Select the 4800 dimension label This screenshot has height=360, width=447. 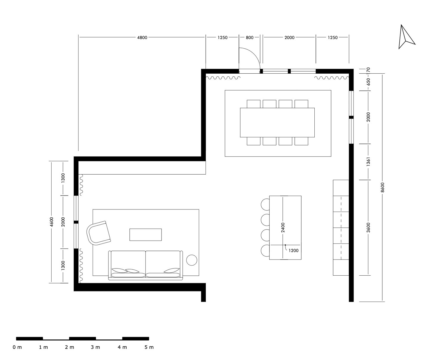(x=142, y=38)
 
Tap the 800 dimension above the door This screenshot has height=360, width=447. (x=249, y=38)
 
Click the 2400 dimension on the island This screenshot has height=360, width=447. (x=283, y=227)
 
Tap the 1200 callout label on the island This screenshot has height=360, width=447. (x=294, y=251)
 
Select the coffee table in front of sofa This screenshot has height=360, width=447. (x=145, y=235)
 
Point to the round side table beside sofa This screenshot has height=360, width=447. (x=192, y=260)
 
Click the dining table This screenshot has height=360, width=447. (x=277, y=122)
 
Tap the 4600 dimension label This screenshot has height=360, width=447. (x=51, y=222)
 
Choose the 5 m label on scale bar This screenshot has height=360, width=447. (x=149, y=347)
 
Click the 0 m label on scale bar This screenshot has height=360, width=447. (x=17, y=347)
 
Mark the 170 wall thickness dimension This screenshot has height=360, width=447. (x=368, y=70)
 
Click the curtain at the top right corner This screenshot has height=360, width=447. (x=332, y=78)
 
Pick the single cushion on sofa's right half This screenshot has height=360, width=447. (x=172, y=271)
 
